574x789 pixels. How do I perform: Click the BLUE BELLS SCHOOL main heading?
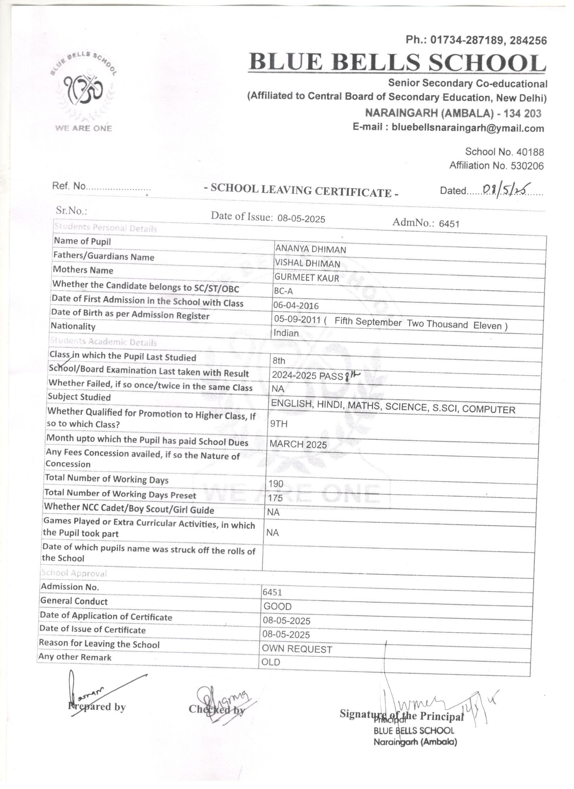click(397, 63)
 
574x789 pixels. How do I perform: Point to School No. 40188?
click(504, 152)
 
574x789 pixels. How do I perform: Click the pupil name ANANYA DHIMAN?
click(311, 249)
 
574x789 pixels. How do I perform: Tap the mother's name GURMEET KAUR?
click(306, 278)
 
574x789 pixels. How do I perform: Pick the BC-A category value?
click(283, 291)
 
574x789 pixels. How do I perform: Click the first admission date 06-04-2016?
click(296, 305)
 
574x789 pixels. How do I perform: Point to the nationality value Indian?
click(286, 333)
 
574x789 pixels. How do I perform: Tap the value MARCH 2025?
click(298, 444)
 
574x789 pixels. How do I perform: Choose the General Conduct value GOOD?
click(278, 606)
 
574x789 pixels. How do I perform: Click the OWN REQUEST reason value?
click(297, 649)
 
